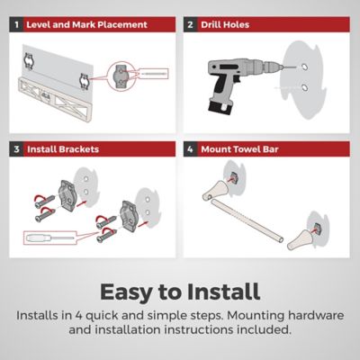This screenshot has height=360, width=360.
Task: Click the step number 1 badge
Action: (16, 24)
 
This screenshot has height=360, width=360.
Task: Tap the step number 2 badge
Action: (191, 24)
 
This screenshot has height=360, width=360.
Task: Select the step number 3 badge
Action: (16, 149)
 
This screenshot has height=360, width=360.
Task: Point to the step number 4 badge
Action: (191, 149)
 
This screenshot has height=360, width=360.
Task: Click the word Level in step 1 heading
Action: (38, 24)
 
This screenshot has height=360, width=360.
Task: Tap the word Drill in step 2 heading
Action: (211, 24)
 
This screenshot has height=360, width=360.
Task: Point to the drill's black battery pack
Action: (220, 107)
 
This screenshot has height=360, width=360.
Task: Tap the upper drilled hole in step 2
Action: (304, 67)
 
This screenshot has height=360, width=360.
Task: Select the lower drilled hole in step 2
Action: (304, 88)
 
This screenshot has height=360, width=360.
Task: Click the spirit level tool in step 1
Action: (53, 97)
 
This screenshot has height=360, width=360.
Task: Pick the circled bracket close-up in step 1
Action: (121, 76)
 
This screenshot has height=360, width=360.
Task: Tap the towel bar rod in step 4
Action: (247, 221)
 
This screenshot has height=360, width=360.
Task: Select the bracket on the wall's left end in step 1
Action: (29, 61)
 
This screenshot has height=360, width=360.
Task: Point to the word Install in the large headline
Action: (223, 292)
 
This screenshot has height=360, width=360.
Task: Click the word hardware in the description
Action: (316, 316)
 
